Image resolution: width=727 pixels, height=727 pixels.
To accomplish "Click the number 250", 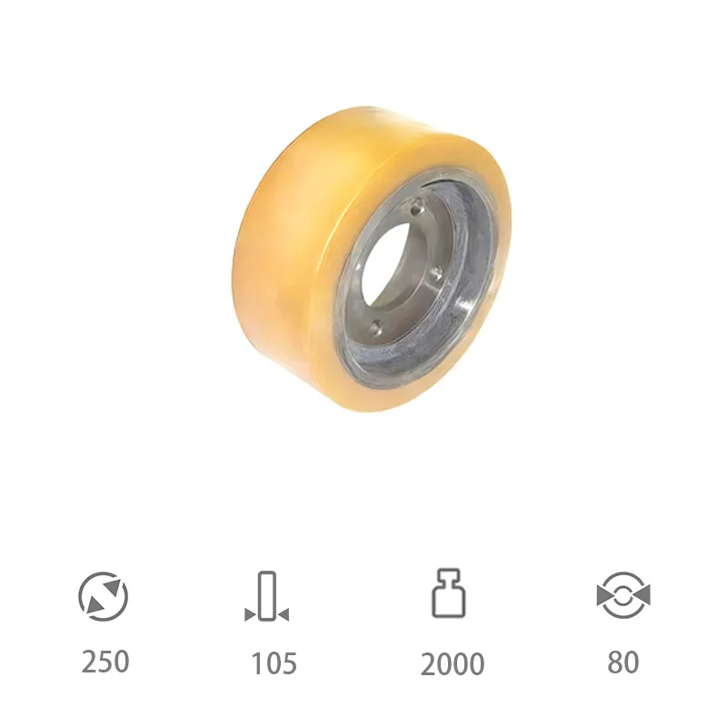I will pos(105,661).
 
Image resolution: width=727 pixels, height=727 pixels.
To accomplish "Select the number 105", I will pos(274,663).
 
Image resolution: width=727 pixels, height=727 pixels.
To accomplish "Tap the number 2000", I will pos(452,664).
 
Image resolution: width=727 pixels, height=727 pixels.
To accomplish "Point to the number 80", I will pos(622,662).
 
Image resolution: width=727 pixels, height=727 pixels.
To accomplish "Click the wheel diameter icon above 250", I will pos(104,597).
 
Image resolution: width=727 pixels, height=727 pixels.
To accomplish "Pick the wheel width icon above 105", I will pos(266,597).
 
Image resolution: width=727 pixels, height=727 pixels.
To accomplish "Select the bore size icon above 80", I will pos(623,595).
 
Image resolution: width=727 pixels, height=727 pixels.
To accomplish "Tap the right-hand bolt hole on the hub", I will pos(437,270).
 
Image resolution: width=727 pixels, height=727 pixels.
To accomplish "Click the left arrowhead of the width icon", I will pos(249,616).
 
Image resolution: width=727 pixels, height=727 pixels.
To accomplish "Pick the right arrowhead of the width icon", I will pos(284,616).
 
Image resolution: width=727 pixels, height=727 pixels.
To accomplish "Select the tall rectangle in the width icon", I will pos(266,594).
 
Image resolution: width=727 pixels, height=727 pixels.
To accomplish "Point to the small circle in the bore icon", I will pos(623,596).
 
